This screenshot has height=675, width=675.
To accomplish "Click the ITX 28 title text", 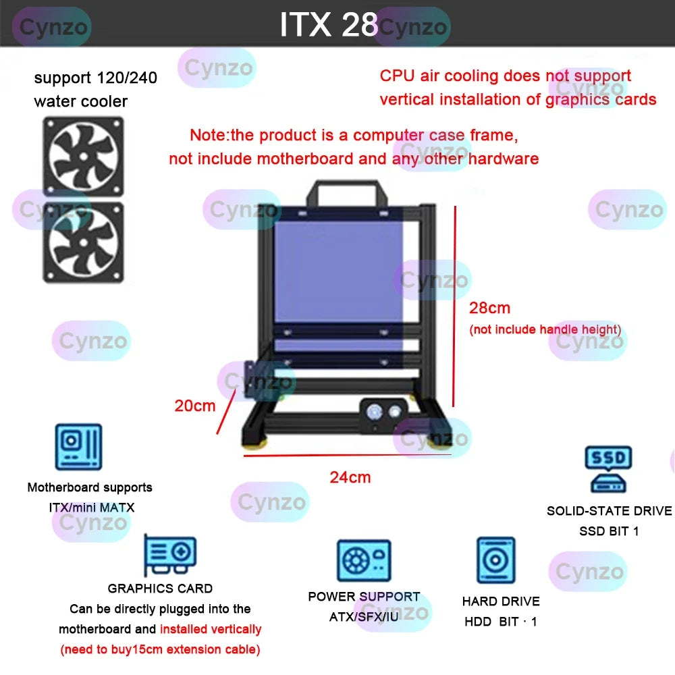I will pos(329,25).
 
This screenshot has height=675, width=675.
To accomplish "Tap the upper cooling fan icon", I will pos(84,156).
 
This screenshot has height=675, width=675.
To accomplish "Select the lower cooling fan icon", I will pos(84,242).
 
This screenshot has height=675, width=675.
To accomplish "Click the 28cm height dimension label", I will pos(490,308).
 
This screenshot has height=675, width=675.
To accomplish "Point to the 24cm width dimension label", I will pos(350,477).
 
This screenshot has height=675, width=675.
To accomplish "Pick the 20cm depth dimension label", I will pos(194,406).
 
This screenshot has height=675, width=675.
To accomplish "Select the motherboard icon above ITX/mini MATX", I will pos(78,447).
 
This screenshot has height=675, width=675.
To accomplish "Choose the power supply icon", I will pos(364,561).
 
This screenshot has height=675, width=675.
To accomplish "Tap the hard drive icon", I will pos(495,560).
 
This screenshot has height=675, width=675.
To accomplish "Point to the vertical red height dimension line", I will pos(454,307).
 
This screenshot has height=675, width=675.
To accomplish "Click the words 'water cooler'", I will pos(80,101).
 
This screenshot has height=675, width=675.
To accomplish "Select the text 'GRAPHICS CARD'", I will pos(160,589).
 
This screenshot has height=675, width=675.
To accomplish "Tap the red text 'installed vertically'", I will pos(211,629).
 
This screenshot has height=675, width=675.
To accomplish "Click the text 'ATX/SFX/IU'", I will pos(364,617).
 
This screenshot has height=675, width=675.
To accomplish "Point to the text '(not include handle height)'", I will pos(545,329).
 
